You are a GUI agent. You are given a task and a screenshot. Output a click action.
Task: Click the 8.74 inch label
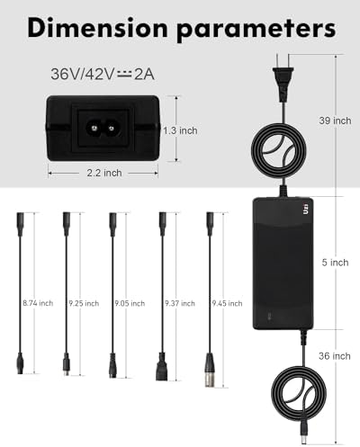pos(37,304)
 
